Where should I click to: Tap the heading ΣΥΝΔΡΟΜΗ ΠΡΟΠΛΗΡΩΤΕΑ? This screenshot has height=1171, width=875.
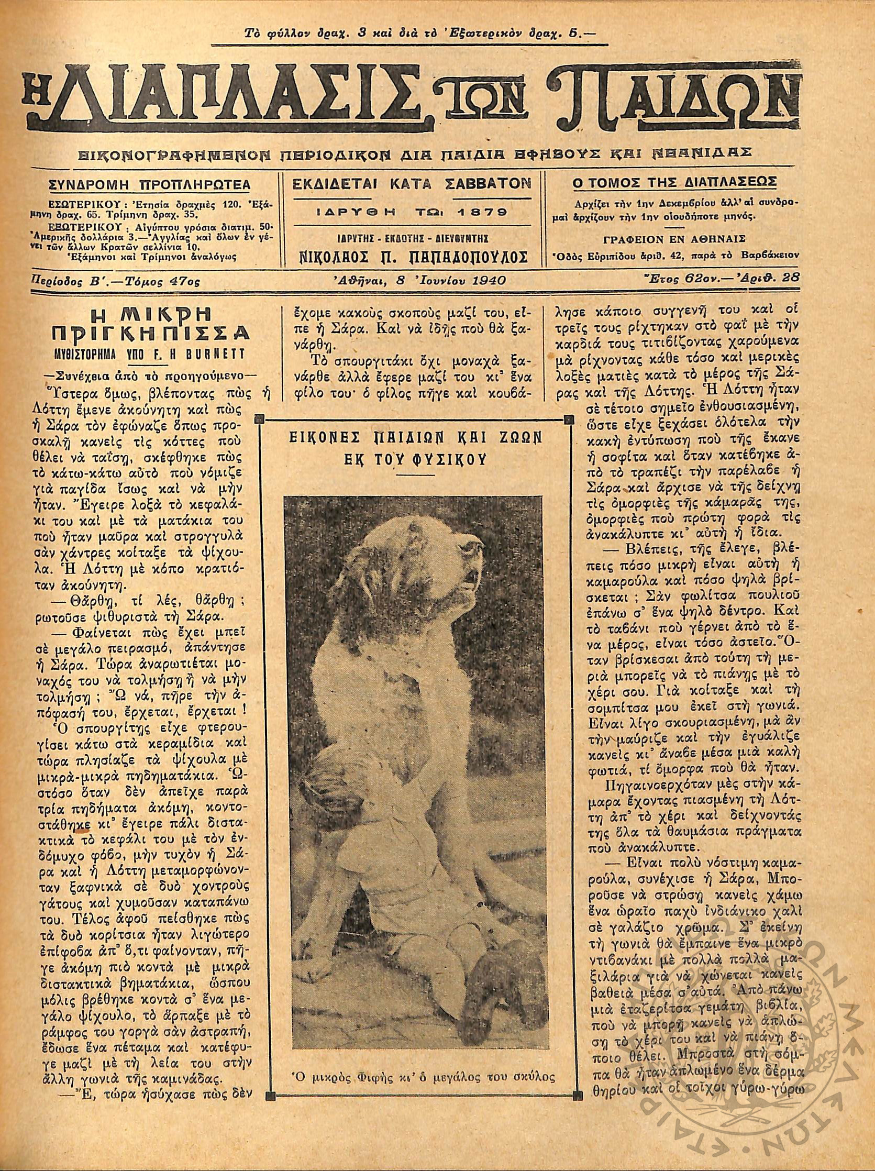click(x=149, y=185)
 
